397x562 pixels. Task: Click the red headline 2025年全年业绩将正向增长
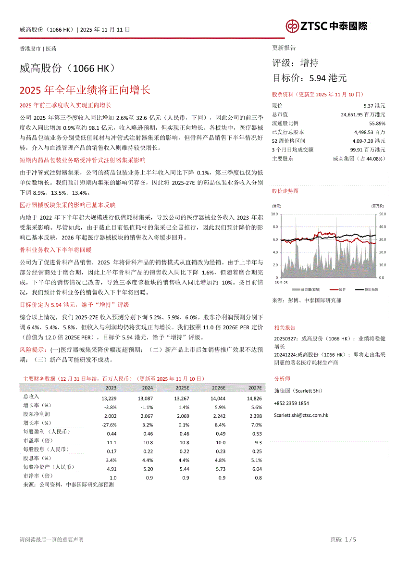(85, 90)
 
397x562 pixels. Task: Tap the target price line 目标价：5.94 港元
(309, 78)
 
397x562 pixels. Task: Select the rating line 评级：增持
(295, 63)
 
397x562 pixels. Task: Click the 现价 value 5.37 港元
(374, 105)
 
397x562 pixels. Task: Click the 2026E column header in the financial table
(219, 387)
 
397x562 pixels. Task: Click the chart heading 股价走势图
(285, 191)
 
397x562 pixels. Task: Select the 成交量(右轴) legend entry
(310, 289)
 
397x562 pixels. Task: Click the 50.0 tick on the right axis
(383, 213)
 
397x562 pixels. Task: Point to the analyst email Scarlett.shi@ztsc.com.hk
(301, 414)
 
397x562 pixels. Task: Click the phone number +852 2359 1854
(291, 403)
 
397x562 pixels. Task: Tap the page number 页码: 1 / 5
(343, 540)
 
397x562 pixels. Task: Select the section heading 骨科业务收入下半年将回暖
(55, 250)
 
